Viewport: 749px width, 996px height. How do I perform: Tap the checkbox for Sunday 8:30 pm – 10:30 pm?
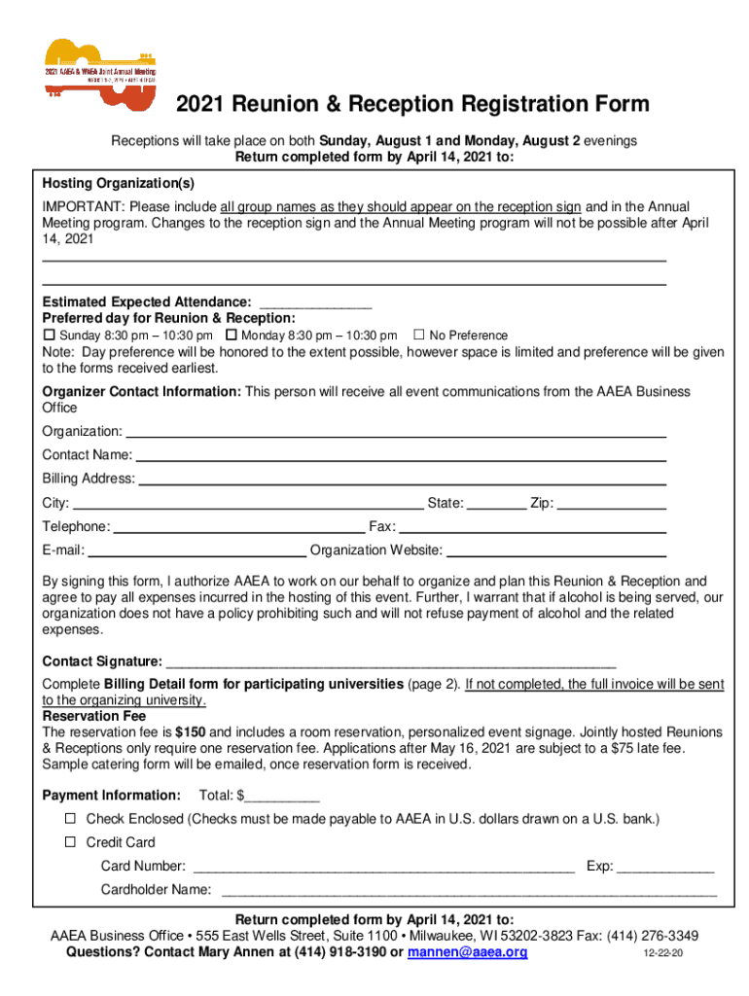pyautogui.click(x=51, y=335)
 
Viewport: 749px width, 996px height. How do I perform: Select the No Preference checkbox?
pyautogui.click(x=420, y=335)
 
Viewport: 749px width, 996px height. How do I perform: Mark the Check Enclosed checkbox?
pyautogui.click(x=70, y=819)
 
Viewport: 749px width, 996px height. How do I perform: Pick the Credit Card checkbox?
pyautogui.click(x=70, y=842)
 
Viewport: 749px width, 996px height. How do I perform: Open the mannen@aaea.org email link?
pyautogui.click(x=468, y=953)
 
